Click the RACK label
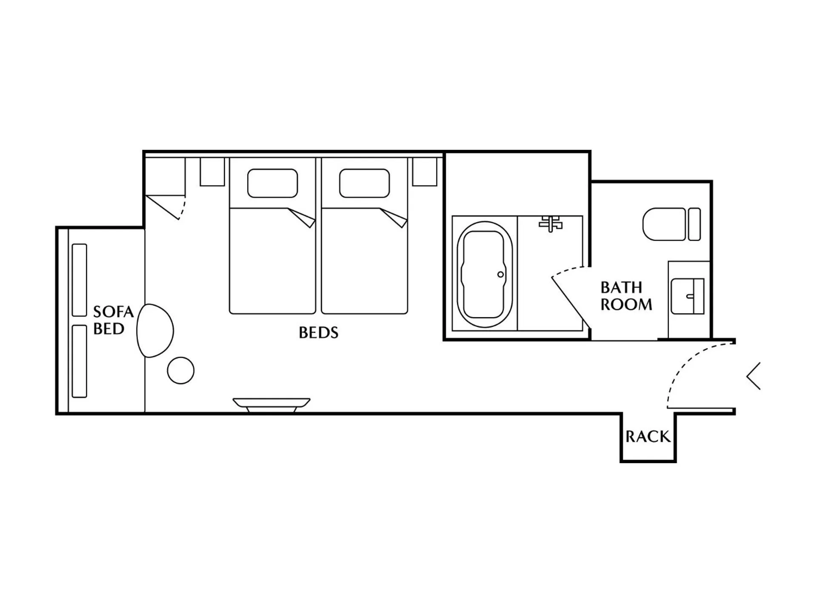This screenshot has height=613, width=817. click(x=648, y=437)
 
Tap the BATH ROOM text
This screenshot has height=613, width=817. click(x=626, y=296)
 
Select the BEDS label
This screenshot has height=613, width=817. click(x=318, y=333)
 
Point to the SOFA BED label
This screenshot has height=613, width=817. click(x=113, y=321)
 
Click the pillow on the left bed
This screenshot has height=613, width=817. click(x=272, y=183)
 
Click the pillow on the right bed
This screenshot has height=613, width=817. click(x=364, y=183)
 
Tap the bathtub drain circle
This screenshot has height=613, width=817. click(x=500, y=275)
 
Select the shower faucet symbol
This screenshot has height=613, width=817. click(x=551, y=223)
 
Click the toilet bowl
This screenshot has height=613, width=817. click(x=663, y=224)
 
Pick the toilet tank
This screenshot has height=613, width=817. click(x=694, y=224)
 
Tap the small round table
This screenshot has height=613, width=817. click(x=181, y=370)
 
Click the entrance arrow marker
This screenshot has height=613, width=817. click(x=754, y=376)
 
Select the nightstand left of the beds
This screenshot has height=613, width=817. click(x=212, y=172)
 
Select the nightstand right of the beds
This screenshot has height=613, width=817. click(x=425, y=172)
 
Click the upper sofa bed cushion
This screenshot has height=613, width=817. click(x=80, y=280)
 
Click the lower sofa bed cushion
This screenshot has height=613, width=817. click(x=80, y=361)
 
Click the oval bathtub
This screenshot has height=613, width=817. click(x=484, y=275)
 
